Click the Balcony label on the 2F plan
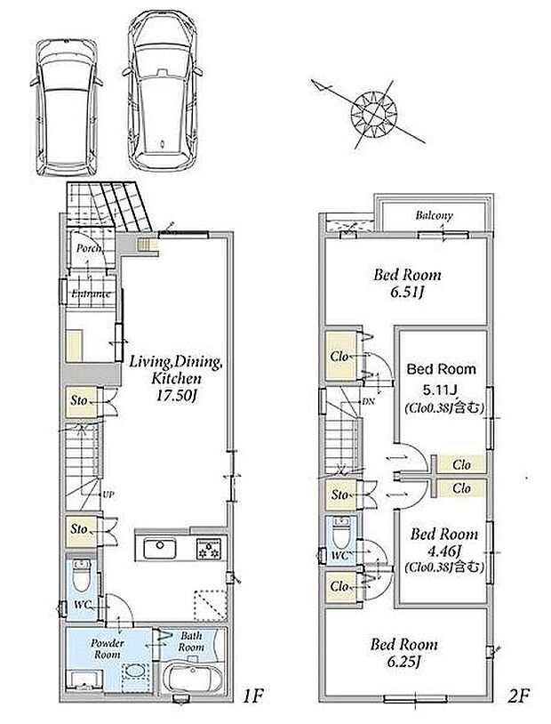pos(434,215)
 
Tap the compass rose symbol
pos(373,113)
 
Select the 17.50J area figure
pos(175,396)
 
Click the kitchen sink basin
pos(160,549)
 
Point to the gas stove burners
pos(209,549)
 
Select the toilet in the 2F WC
pos(342,533)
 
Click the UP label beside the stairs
pos(108,495)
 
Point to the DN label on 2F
pos(367,402)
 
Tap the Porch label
pos(89,248)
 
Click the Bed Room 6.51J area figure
pos(406,293)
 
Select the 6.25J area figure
pos(403,662)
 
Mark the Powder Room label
pos(108,648)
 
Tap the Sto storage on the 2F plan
pos(340,495)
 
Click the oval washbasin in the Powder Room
pos(136,671)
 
